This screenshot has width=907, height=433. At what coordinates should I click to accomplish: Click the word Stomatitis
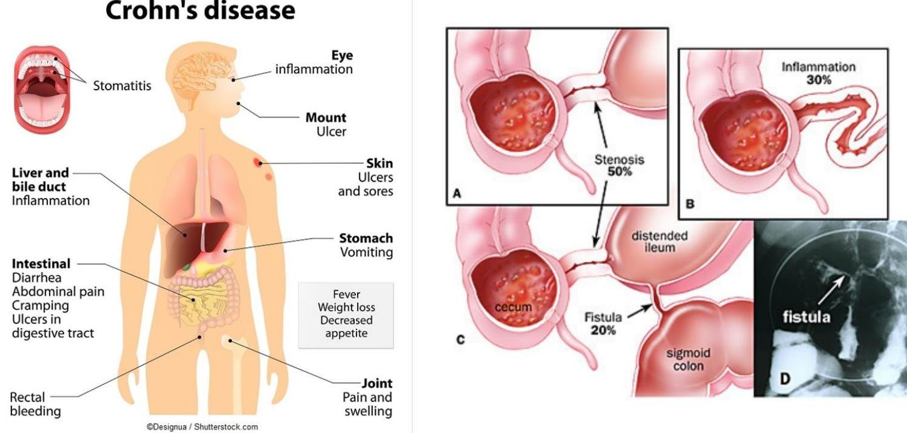(x=122, y=85)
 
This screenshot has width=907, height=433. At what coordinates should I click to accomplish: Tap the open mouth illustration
(x=41, y=92)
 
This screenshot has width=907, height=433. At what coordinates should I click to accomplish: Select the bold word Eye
(x=342, y=55)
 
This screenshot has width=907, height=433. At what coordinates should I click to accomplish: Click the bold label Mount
(x=326, y=117)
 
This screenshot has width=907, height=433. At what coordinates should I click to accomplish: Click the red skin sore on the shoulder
(x=259, y=162)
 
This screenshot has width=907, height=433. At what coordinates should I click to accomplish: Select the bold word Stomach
(x=366, y=238)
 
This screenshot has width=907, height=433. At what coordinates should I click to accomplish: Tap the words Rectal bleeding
(x=35, y=405)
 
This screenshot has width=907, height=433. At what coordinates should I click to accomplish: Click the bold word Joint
(x=377, y=383)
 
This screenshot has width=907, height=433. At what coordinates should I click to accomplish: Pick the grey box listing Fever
(x=346, y=315)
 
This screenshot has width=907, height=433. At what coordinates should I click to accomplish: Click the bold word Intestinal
(x=41, y=264)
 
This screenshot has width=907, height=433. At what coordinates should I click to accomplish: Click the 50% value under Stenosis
(x=620, y=171)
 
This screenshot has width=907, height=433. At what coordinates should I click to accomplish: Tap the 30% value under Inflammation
(x=818, y=79)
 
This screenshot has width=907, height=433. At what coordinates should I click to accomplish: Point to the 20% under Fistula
(x=603, y=330)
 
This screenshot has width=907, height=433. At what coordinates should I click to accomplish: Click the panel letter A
(x=457, y=194)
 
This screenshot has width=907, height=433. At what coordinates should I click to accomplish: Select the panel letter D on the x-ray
(x=785, y=379)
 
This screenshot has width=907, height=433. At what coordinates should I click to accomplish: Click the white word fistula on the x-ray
(x=806, y=316)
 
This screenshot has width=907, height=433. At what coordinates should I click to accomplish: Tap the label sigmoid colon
(x=688, y=359)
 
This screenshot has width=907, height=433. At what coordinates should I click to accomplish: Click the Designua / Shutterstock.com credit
(x=202, y=427)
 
